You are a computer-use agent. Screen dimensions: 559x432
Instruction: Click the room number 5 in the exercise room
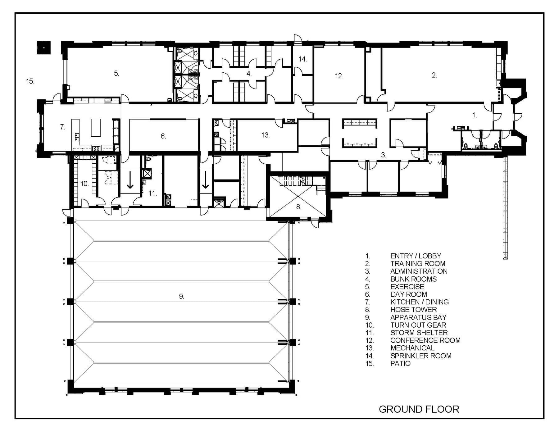116,73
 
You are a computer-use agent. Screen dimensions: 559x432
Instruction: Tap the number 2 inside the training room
434,75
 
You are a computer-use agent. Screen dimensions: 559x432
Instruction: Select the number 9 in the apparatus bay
181,296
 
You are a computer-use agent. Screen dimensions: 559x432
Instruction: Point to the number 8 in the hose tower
298,207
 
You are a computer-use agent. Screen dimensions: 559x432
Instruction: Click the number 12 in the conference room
339,76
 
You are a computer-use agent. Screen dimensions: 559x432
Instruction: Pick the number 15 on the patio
30,81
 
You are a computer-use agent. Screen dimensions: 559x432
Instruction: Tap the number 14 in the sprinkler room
302,59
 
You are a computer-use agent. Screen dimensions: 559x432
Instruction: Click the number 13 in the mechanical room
265,135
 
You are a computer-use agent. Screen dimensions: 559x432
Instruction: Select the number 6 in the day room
163,136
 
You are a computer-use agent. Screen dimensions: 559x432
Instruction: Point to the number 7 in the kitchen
62,127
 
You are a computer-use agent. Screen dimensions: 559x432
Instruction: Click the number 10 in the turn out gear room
84,184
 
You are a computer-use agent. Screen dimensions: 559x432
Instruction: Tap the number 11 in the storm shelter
152,193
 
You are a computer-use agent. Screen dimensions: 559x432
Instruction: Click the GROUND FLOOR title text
419,409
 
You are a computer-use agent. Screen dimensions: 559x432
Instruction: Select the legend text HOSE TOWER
413,310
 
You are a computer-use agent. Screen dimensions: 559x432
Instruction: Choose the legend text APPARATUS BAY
418,317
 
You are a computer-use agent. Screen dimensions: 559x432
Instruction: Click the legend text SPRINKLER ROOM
421,356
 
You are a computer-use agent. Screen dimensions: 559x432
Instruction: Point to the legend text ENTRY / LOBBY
416,256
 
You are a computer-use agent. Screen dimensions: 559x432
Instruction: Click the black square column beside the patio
44,48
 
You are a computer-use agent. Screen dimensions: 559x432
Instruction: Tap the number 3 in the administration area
383,155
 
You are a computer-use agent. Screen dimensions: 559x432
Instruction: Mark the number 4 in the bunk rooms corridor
249,74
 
